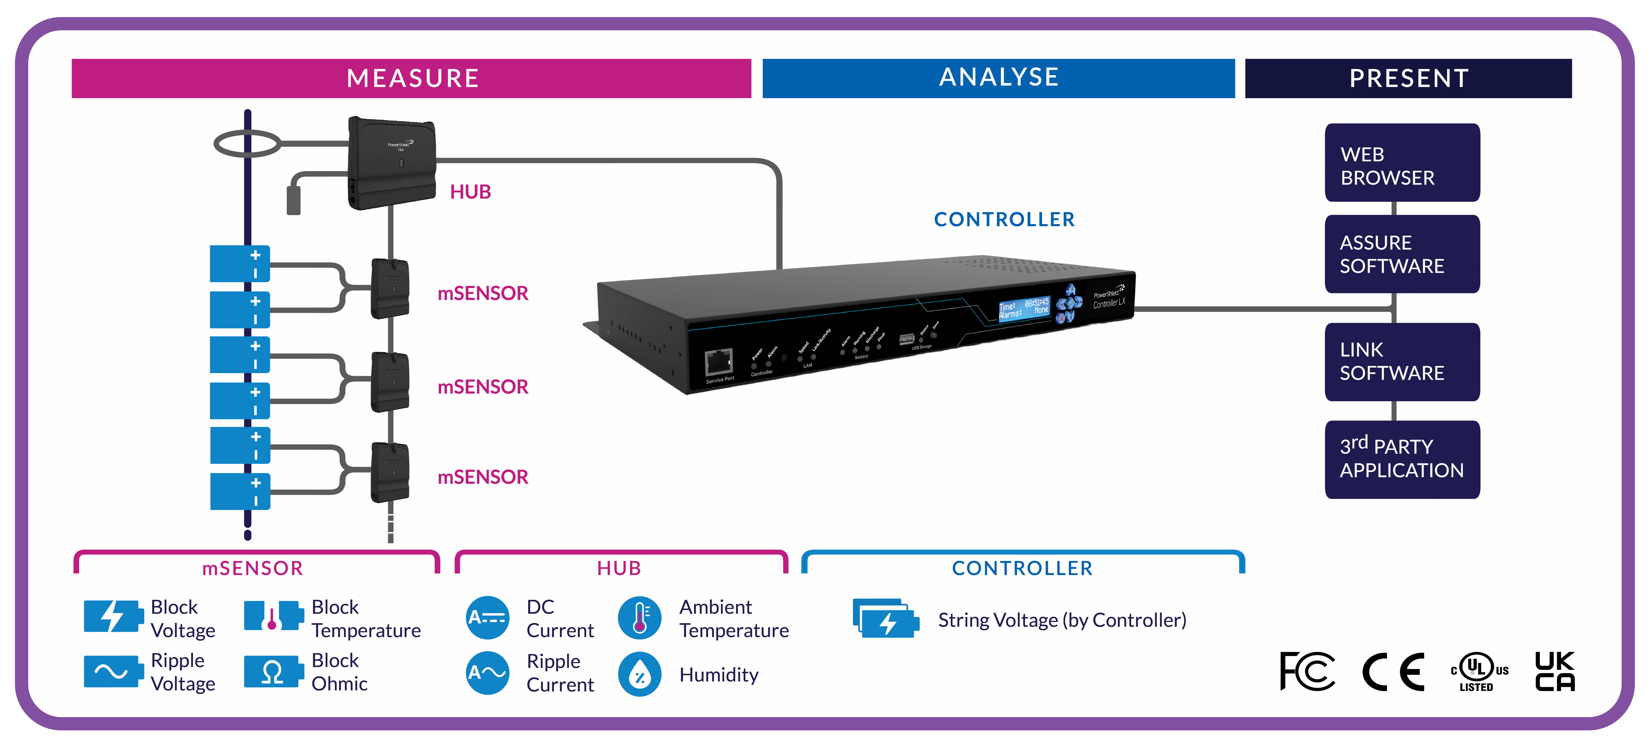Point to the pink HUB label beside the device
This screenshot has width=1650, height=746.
tap(470, 192)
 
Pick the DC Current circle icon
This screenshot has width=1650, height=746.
tap(487, 618)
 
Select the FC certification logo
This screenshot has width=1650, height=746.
tap(1307, 672)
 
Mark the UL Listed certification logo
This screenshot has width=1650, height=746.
tap(1479, 672)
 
